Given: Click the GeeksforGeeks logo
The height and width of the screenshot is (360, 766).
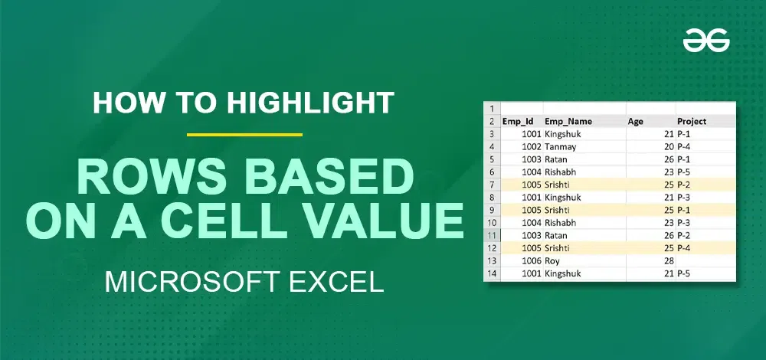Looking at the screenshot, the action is pos(706,40).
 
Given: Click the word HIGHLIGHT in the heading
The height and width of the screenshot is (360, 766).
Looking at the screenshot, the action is pos(310,103).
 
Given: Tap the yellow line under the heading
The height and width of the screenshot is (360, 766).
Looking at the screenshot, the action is pos(245,134).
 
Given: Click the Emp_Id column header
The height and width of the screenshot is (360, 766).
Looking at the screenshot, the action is pos(517,121).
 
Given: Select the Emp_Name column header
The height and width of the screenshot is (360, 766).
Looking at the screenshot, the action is pos(568,121).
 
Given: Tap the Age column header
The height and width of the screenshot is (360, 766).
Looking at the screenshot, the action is pos(635,121).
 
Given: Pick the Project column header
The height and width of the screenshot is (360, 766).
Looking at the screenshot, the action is pos(692,121).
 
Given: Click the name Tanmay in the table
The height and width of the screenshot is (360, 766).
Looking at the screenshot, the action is pos(561,146).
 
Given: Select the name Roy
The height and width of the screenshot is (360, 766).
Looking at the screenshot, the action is pos(552,261).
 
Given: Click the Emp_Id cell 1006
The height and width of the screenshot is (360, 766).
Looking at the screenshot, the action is pos(532,261).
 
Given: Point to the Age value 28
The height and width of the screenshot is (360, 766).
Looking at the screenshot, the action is pos(669,261).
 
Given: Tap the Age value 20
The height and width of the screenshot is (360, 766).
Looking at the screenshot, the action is pos(669,146).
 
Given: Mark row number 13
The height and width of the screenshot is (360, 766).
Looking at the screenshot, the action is pos(492,261).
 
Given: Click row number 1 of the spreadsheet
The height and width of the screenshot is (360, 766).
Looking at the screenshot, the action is pos(492,109).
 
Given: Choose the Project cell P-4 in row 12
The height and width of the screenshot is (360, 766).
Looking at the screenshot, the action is pos(684,248).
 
